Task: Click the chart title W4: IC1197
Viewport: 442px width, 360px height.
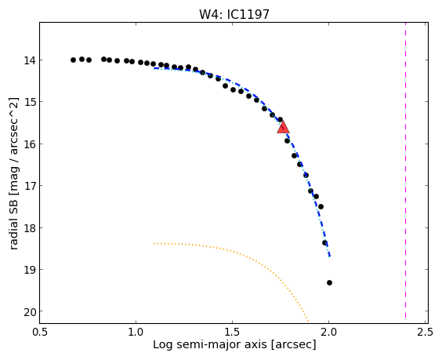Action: click(x=234, y=14)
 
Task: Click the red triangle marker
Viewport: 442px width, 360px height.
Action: click(x=283, y=127)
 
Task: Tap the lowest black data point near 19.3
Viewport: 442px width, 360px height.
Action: click(x=329, y=282)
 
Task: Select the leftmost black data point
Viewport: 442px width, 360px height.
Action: click(x=74, y=60)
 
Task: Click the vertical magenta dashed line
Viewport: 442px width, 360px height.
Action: click(x=405, y=170)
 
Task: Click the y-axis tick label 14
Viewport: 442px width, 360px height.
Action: click(x=30, y=60)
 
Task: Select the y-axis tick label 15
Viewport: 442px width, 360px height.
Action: click(x=30, y=102)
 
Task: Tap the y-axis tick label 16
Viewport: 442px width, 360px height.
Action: click(x=30, y=144)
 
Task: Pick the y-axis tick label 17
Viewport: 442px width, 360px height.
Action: click(x=30, y=186)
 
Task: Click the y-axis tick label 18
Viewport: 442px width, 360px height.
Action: click(x=30, y=227)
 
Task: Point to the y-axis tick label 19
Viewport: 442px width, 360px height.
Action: click(x=30, y=270)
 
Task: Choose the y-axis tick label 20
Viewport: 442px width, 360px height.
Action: click(x=30, y=311)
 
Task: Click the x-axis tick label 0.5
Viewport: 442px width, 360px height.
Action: click(x=39, y=332)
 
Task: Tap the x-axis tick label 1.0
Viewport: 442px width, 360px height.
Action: click(x=136, y=332)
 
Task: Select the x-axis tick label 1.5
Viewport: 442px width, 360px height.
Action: click(x=232, y=332)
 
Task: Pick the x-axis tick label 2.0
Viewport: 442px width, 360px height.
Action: click(x=328, y=332)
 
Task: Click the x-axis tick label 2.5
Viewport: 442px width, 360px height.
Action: click(x=425, y=332)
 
